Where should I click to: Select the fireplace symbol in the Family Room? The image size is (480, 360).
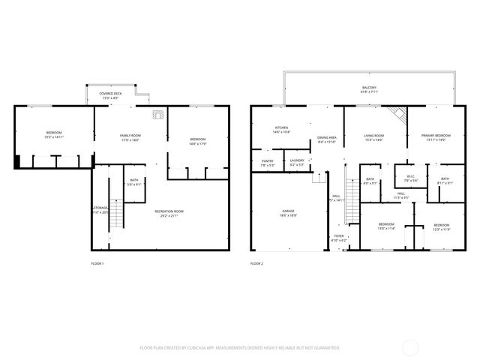pos(157,115)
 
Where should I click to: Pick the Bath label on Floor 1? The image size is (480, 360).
pos(133,181)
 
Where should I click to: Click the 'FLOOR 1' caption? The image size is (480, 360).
pos(97,264)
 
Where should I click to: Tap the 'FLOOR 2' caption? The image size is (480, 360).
pos(256,264)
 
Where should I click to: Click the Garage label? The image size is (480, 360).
pos(288,213)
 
